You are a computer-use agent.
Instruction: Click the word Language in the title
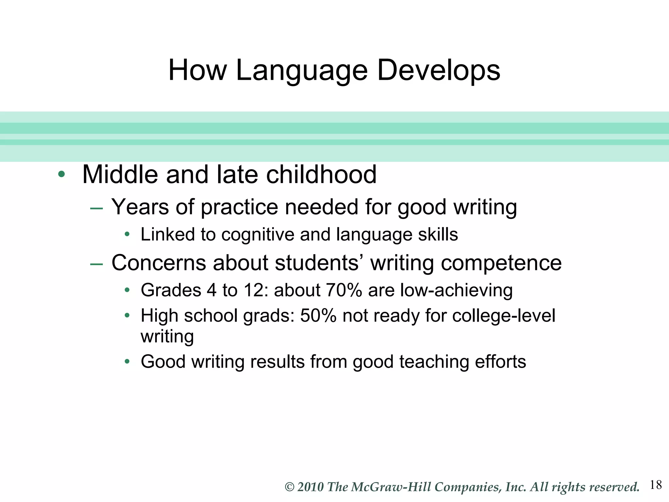click(302, 71)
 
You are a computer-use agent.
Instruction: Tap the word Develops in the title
click(438, 71)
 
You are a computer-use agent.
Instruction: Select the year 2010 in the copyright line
click(310, 487)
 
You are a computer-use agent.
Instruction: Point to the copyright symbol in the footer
click(289, 487)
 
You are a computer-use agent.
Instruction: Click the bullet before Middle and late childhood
click(61, 174)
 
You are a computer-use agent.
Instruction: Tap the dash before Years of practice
click(96, 208)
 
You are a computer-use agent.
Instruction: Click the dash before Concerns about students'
click(96, 264)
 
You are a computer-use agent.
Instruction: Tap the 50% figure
click(318, 316)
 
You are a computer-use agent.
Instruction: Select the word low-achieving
click(456, 290)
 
